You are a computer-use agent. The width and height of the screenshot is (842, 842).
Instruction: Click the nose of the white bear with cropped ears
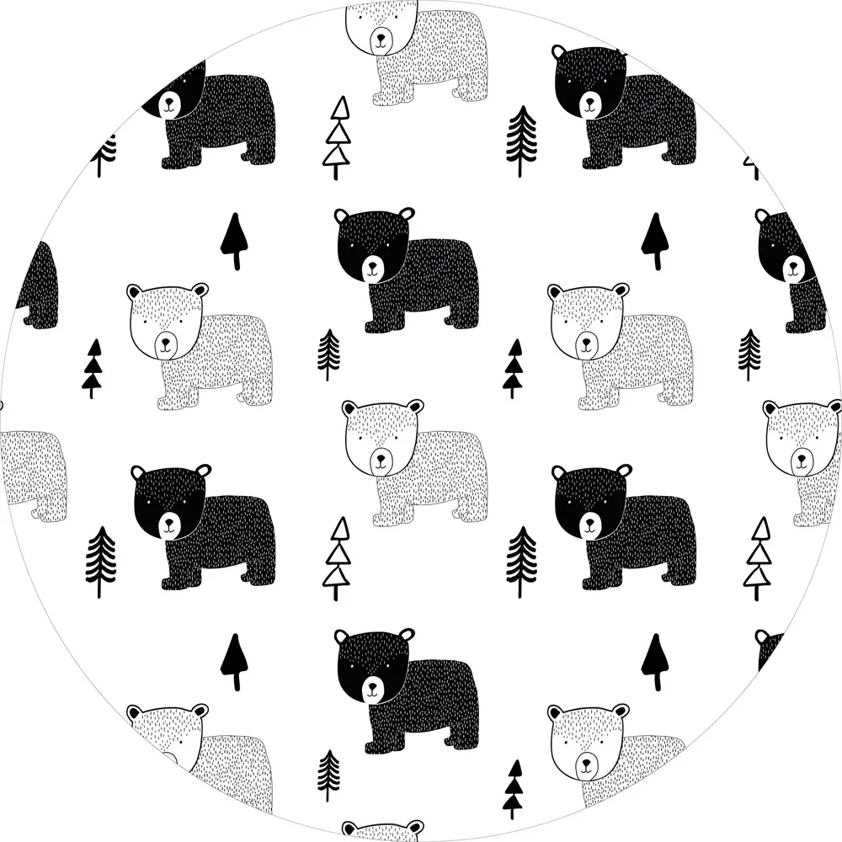[x=383, y=38]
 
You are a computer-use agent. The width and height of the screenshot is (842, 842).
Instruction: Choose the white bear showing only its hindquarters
[x=34, y=472]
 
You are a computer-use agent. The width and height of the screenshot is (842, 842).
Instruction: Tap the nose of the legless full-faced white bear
[x=588, y=766]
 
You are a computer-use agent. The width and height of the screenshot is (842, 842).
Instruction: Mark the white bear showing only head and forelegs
[x=800, y=455]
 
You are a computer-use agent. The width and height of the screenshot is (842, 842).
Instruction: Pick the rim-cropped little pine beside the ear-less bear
[x=104, y=154]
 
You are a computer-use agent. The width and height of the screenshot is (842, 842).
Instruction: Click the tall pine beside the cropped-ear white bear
[x=521, y=139]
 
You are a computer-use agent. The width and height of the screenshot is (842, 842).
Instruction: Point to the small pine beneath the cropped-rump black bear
[x=749, y=354]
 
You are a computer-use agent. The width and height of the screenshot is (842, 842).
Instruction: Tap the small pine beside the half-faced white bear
[x=328, y=775]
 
